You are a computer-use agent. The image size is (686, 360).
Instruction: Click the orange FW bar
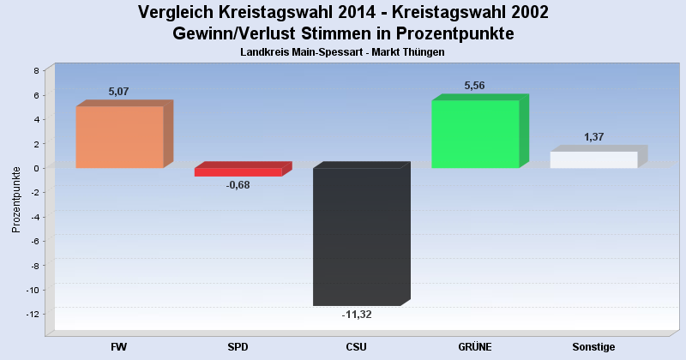(119, 137)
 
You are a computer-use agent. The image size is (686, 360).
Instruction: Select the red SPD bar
(238, 171)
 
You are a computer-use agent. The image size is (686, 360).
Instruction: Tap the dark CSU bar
(357, 237)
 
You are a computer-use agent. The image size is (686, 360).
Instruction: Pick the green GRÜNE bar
(475, 134)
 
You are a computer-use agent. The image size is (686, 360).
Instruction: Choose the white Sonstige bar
(593, 159)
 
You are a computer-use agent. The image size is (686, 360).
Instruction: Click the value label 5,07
(118, 92)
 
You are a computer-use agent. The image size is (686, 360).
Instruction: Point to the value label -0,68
(238, 185)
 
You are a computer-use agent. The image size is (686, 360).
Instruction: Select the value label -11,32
(357, 315)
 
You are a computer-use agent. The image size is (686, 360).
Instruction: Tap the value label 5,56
(475, 86)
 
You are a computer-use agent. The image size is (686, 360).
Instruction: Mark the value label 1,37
(594, 137)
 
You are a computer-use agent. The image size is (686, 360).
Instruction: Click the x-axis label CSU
(357, 347)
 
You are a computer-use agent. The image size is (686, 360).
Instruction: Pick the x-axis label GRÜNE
(475, 347)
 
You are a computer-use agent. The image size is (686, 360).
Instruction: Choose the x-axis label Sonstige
(593, 347)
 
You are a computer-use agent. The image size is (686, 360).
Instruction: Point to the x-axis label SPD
(238, 347)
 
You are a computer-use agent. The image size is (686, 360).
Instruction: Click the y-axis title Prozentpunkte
(15, 200)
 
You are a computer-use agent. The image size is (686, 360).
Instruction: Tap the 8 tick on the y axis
(36, 71)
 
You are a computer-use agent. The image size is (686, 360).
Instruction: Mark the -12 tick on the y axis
(33, 315)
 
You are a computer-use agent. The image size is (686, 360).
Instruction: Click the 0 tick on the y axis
(36, 169)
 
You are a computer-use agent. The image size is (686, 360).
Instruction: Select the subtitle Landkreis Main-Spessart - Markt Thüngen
(343, 52)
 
